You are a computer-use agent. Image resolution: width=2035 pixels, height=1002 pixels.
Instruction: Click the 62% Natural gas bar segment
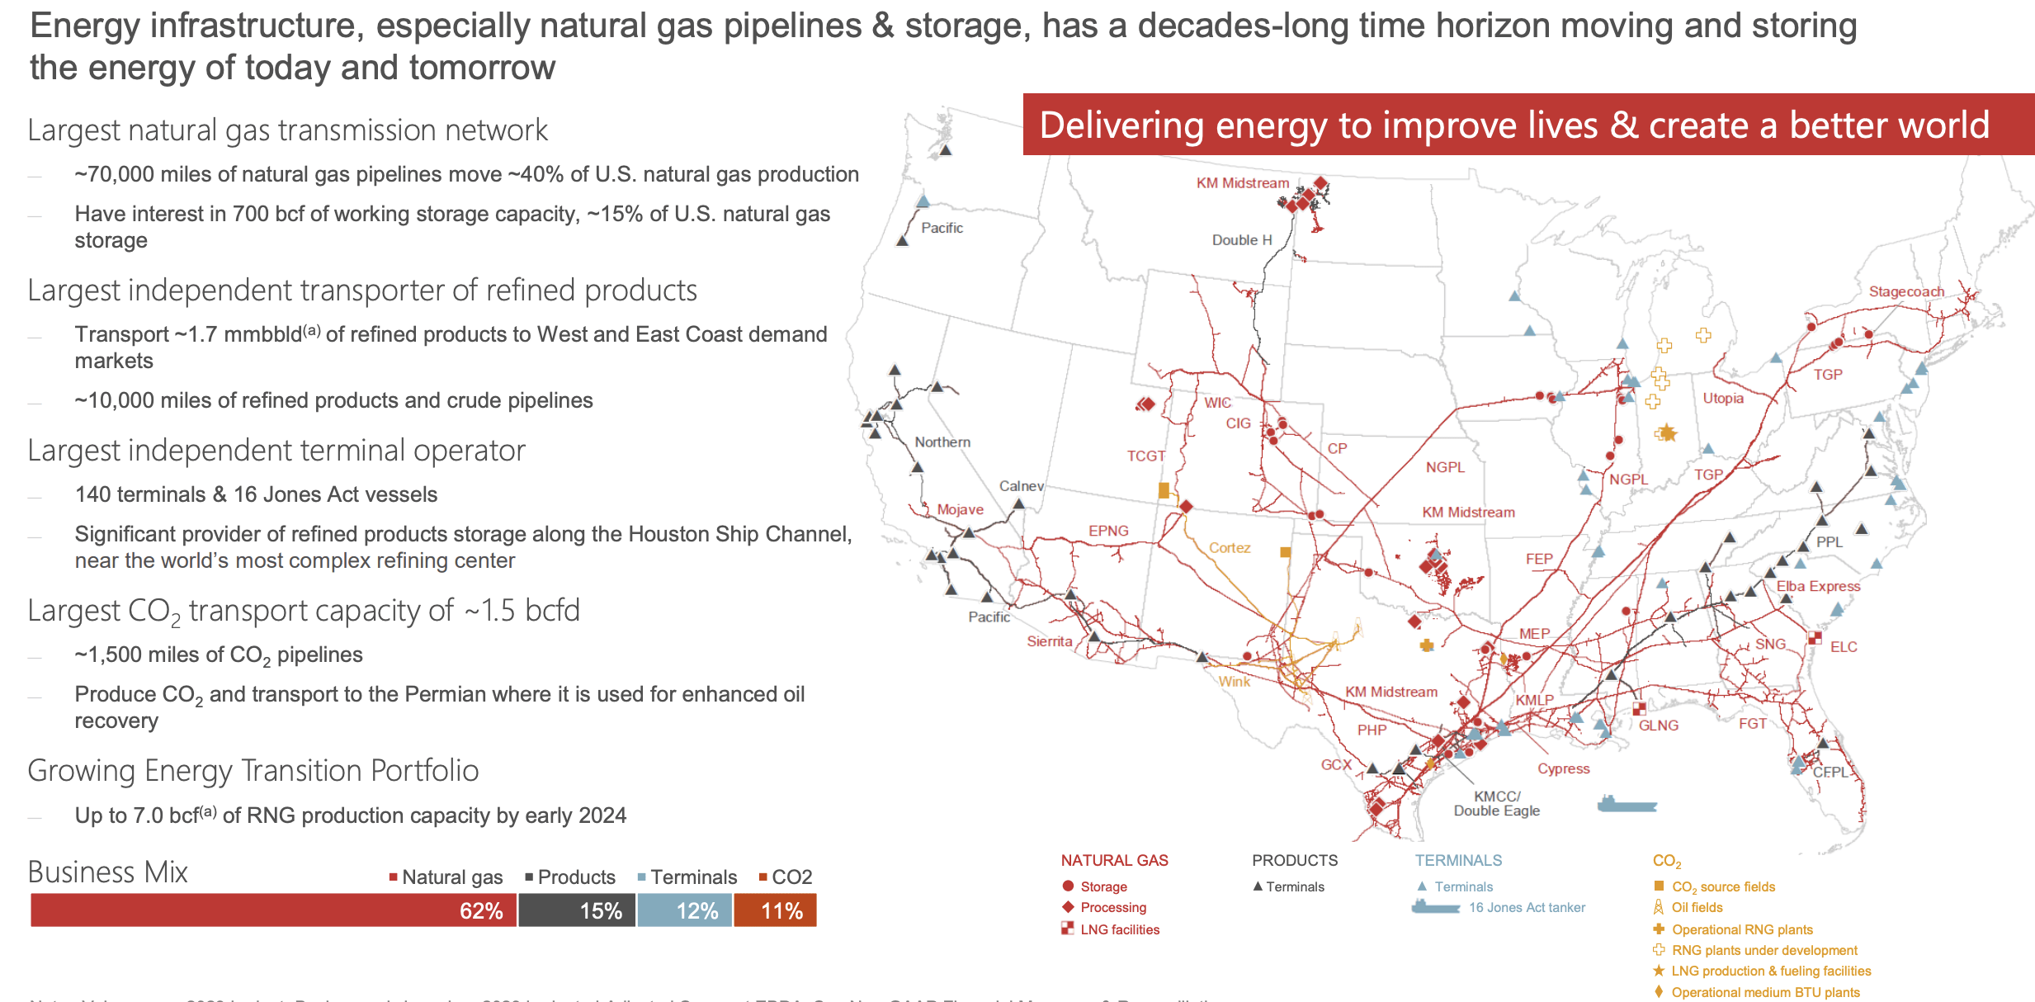click(x=273, y=910)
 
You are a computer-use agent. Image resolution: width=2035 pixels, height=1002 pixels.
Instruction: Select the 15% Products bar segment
click(x=577, y=910)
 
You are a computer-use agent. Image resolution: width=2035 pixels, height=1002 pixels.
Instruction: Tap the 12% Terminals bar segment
click(x=684, y=910)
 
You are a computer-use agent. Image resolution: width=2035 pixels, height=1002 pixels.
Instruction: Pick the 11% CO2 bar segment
click(x=775, y=910)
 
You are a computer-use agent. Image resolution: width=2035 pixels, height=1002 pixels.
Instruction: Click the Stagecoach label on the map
click(x=1906, y=291)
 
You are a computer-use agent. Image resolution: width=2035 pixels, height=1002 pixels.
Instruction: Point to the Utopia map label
click(x=1723, y=398)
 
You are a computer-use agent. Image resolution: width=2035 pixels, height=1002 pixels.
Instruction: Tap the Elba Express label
click(x=1818, y=586)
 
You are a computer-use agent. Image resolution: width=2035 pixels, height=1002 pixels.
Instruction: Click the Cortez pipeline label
click(x=1230, y=547)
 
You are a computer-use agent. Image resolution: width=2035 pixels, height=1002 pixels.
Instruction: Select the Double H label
click(x=1241, y=240)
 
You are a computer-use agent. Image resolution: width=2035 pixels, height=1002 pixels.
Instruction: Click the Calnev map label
click(x=1021, y=486)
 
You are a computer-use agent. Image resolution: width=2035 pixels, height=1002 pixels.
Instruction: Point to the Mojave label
click(x=960, y=509)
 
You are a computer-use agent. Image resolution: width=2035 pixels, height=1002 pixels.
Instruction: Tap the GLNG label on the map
click(x=1658, y=726)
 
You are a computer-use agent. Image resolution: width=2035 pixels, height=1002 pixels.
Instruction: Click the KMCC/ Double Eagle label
click(x=1496, y=803)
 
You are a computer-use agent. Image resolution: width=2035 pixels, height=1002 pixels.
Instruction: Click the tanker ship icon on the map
click(x=1626, y=804)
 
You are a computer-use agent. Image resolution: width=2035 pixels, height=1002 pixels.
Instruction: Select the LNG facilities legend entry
click(x=1119, y=929)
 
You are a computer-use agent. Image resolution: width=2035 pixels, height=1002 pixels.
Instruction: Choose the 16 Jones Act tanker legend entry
click(x=1526, y=907)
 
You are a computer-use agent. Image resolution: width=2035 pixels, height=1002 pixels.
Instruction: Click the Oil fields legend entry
click(x=1697, y=907)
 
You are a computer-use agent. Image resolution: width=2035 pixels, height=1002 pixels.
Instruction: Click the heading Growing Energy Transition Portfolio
click(x=253, y=770)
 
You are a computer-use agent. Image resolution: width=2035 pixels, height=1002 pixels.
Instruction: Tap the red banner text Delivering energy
click(x=1513, y=125)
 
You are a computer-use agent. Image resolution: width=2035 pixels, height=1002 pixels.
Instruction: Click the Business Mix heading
click(x=107, y=872)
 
